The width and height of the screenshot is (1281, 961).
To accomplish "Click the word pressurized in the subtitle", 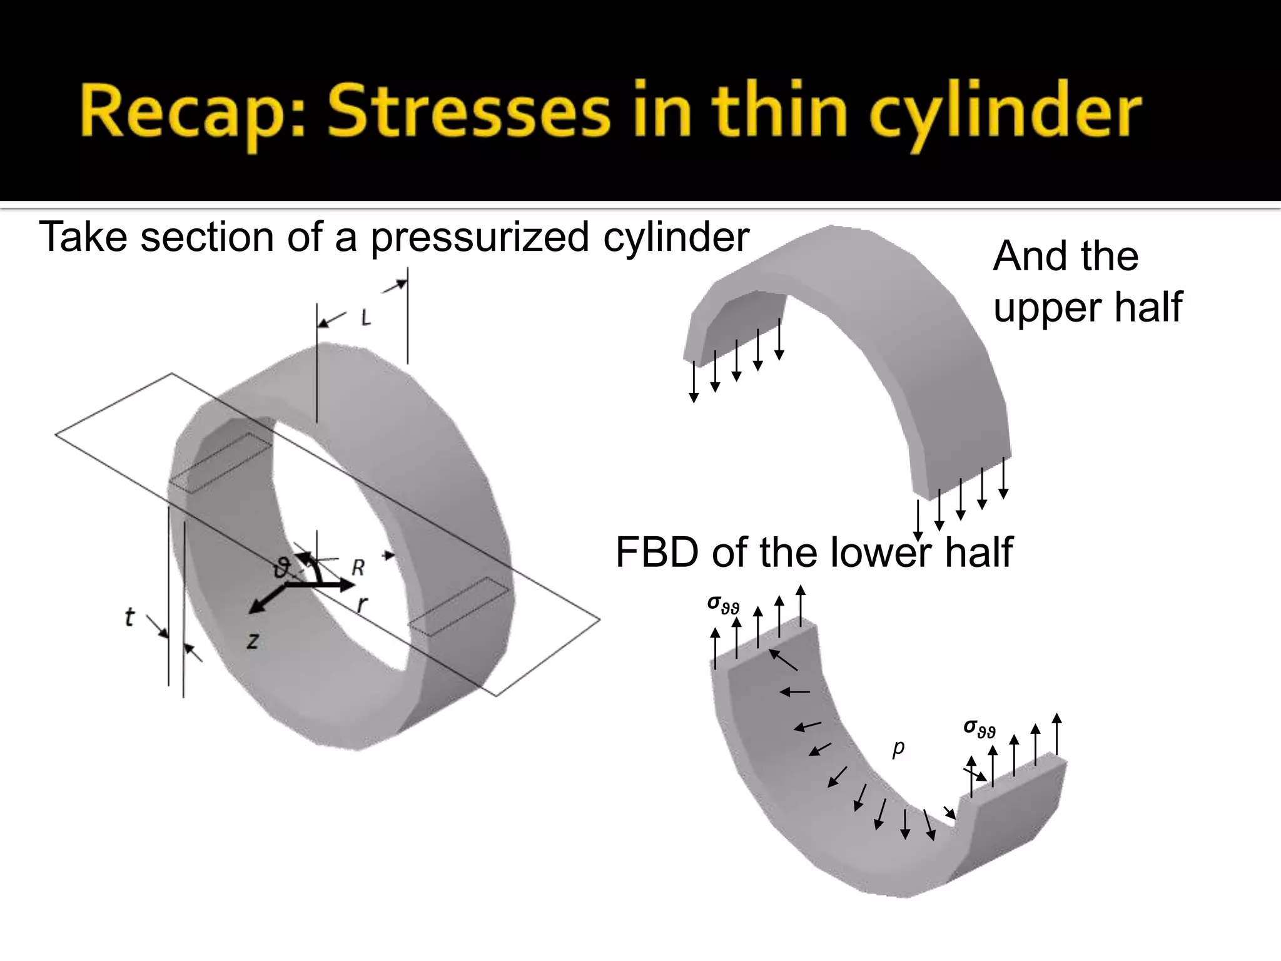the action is (x=480, y=238).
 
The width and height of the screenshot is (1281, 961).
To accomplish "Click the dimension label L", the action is (x=366, y=318).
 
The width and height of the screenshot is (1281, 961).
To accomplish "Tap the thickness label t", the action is (x=129, y=618).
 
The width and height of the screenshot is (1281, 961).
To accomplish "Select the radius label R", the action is (x=358, y=567).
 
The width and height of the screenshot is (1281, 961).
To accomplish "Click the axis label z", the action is (x=253, y=640).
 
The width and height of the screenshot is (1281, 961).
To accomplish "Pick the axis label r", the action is (x=362, y=604).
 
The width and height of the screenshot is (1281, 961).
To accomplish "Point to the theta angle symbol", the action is (x=283, y=569).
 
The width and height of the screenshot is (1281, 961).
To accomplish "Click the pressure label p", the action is (x=898, y=747).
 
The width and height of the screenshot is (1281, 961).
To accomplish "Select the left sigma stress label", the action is (x=723, y=604).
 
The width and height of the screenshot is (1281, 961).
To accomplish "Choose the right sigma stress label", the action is (x=979, y=727).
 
